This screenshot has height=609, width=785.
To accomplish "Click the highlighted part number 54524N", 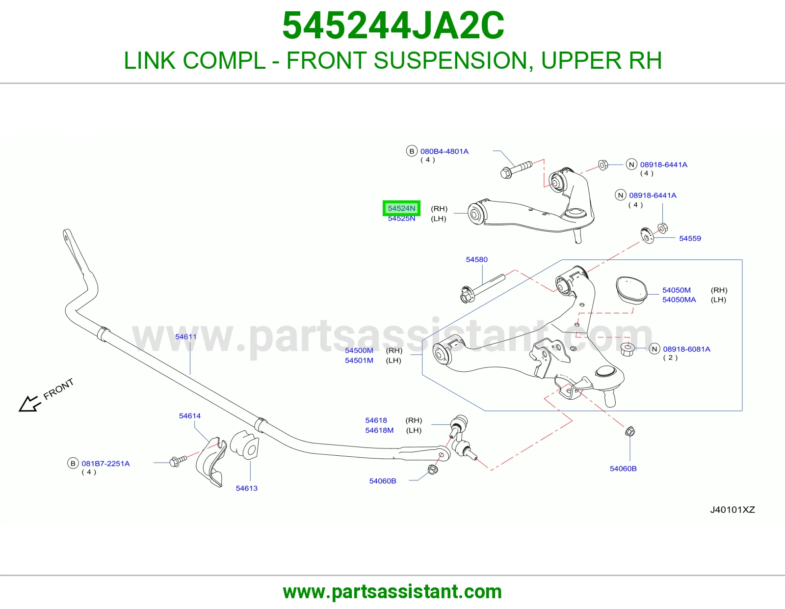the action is tap(401, 208).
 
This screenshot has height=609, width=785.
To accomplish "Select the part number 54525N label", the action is tap(401, 219).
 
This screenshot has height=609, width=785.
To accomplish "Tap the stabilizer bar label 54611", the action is tap(185, 337).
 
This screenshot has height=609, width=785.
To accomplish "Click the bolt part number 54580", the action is tap(476, 259).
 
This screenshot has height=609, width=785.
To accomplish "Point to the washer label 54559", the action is tap(690, 238).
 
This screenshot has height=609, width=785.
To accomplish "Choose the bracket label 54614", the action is tap(190, 416).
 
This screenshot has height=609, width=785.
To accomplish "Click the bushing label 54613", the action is tap(247, 488).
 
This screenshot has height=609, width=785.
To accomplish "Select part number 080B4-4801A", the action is tap(445, 152).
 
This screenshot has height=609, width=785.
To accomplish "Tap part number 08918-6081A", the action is tap(686, 349).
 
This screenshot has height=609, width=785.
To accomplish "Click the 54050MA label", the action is tap(679, 300).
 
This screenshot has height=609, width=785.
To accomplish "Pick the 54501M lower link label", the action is tap(359, 360).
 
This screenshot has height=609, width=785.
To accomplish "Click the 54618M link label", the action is tap(379, 430).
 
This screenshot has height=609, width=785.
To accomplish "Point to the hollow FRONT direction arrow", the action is tap(29, 404).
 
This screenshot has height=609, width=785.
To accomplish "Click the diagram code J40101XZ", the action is tap(732, 510).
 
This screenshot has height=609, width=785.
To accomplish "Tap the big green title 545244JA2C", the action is tap(393, 26).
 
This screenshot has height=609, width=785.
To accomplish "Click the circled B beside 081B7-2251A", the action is tap(73, 463).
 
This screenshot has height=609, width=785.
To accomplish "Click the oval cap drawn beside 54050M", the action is tap(631, 290).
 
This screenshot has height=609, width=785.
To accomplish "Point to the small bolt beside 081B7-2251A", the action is tap(178, 461).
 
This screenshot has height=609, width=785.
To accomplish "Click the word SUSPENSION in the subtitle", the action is tap(453, 60).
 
